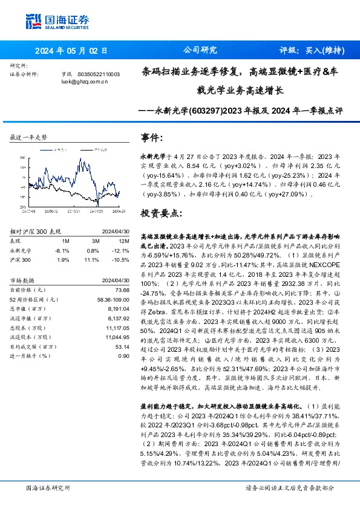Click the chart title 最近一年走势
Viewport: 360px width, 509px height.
click(x=28, y=137)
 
